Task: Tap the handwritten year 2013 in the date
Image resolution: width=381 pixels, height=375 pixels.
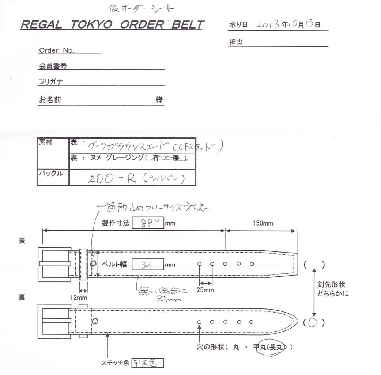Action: (x=268, y=24)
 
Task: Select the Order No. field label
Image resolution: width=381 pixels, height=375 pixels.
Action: (x=56, y=50)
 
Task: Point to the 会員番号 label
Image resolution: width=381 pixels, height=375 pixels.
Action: (x=53, y=66)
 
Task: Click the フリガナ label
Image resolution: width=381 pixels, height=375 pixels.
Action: (x=51, y=82)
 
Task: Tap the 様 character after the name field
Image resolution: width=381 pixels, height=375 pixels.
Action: (x=159, y=100)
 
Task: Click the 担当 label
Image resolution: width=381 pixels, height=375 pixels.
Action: (x=236, y=43)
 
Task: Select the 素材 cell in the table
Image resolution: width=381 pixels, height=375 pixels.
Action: (x=46, y=143)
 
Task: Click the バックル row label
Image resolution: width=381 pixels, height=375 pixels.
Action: (x=51, y=173)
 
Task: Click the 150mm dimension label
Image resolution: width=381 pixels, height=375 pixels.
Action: (x=263, y=223)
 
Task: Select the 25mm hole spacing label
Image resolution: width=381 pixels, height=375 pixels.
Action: (x=205, y=290)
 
